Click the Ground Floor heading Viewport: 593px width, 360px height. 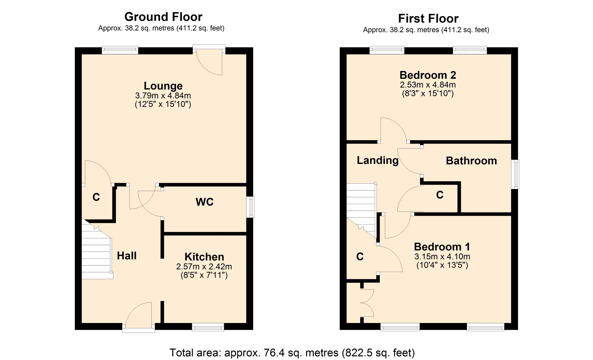pyautogui.click(x=163, y=17)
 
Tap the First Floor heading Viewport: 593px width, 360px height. pyautogui.click(x=428, y=19)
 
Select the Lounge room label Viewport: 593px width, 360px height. pyautogui.click(x=163, y=86)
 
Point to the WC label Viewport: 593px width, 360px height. pyautogui.click(x=204, y=202)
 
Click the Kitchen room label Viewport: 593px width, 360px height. pyautogui.click(x=204, y=257)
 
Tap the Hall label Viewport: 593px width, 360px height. pyautogui.click(x=127, y=256)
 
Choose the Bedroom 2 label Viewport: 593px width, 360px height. pyautogui.click(x=428, y=75)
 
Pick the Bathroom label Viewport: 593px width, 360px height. pyautogui.click(x=471, y=161)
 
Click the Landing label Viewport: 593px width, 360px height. pyautogui.click(x=378, y=160)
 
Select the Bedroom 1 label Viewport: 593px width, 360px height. pyautogui.click(x=442, y=247)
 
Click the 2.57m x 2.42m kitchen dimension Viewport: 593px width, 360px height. pyautogui.click(x=204, y=266)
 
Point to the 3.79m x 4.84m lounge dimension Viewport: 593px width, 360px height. pyautogui.click(x=163, y=95)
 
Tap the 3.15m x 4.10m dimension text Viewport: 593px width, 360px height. pyautogui.click(x=442, y=257)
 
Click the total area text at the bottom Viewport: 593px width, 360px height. pyautogui.click(x=292, y=353)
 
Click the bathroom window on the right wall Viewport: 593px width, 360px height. pyautogui.click(x=515, y=174)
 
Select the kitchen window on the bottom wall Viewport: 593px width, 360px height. pyautogui.click(x=208, y=327)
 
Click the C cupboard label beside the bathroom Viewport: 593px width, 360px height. pyautogui.click(x=440, y=195)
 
